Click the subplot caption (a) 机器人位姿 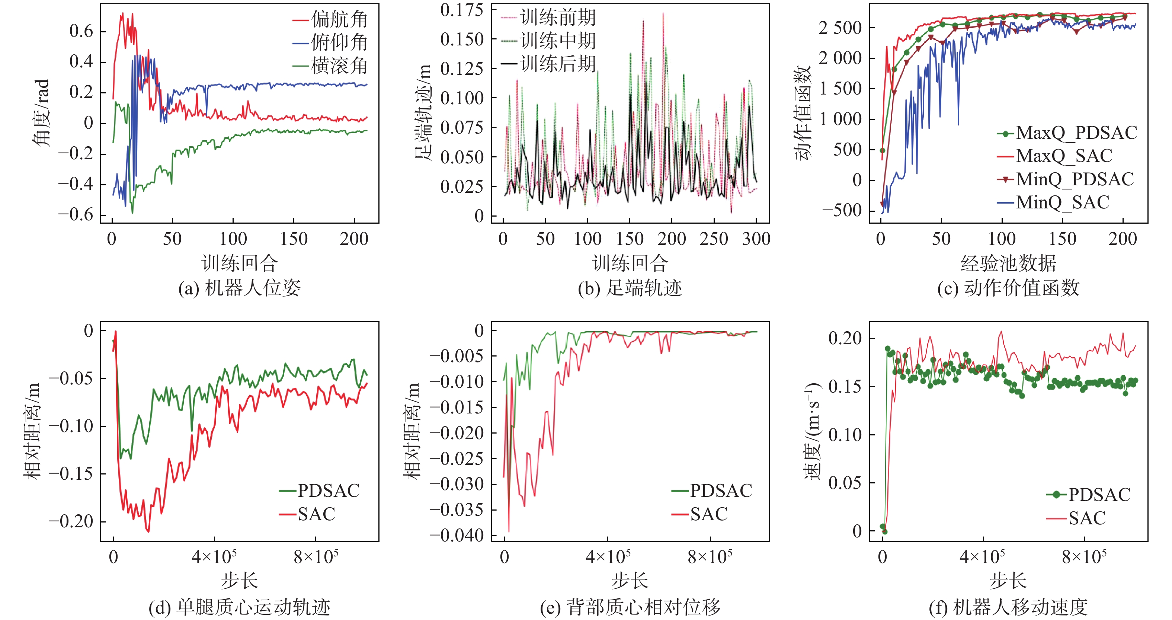coord(239,288)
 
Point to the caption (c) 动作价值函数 coord(1008,288)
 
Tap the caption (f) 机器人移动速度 coord(1008,607)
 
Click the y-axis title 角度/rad coord(41,112)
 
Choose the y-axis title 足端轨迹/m coord(423,112)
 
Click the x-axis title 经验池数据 coord(1008,263)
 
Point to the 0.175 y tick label coord(461,10)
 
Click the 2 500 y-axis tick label coord(840,28)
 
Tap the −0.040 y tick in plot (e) coord(456,535)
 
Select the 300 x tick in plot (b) coord(756,239)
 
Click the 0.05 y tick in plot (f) coord(845,483)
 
